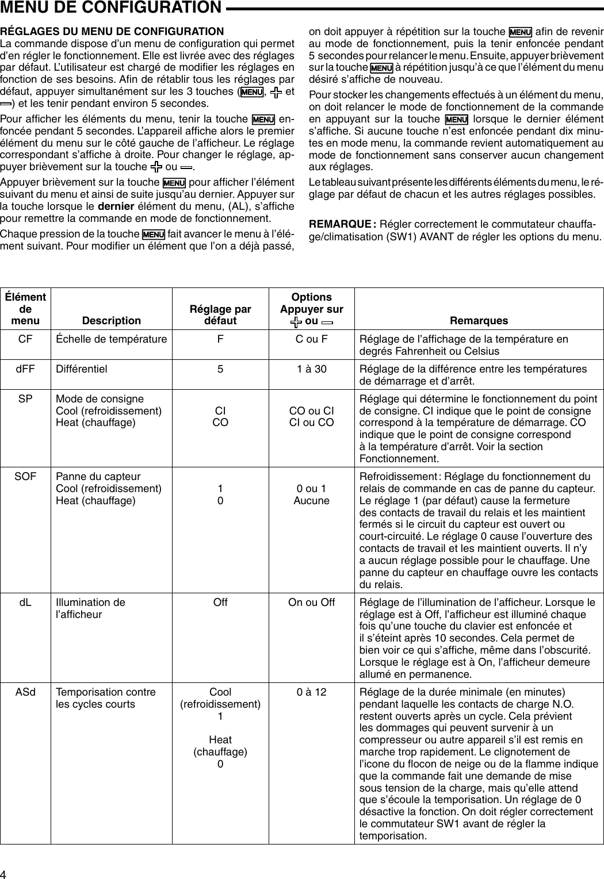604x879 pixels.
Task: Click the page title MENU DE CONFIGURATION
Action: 110,7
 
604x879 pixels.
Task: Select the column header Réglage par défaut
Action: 220,315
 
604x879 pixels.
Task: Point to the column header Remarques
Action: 479,321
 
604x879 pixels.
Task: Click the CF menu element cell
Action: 25,339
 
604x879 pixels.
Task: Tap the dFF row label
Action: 25,369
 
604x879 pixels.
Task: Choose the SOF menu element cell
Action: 25,477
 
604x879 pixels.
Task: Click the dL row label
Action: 25,602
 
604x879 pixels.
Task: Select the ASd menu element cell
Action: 25,692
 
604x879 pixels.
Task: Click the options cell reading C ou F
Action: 311,339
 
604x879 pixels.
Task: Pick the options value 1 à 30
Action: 311,369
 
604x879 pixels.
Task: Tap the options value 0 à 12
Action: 311,692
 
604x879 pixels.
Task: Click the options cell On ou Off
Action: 311,602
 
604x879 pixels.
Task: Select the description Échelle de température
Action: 111,339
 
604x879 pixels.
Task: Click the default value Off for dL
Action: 220,602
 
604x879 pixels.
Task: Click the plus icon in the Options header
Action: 296,321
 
